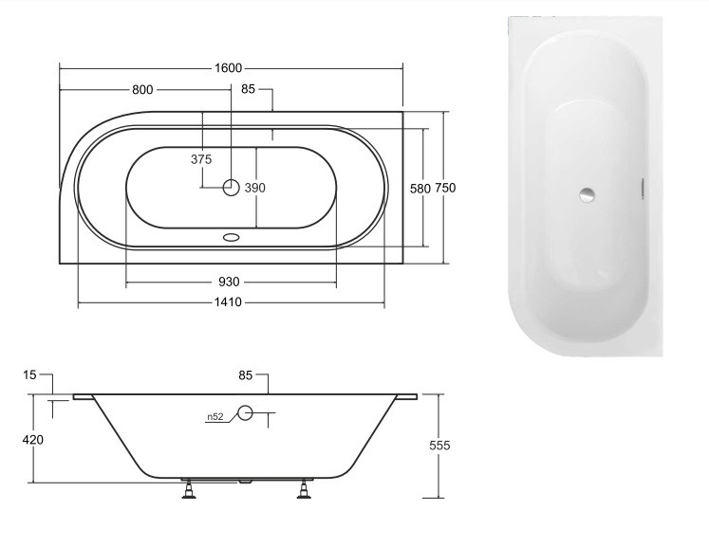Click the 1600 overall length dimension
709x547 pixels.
(229, 68)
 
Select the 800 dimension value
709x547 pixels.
(142, 90)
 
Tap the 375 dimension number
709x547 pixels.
(201, 159)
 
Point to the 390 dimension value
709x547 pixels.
(255, 188)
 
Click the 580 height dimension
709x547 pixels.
(420, 189)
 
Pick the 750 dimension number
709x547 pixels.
(445, 188)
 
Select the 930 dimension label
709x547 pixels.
(229, 283)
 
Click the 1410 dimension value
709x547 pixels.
(229, 302)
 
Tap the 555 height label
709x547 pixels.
(439, 446)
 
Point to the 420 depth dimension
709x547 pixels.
(33, 440)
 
